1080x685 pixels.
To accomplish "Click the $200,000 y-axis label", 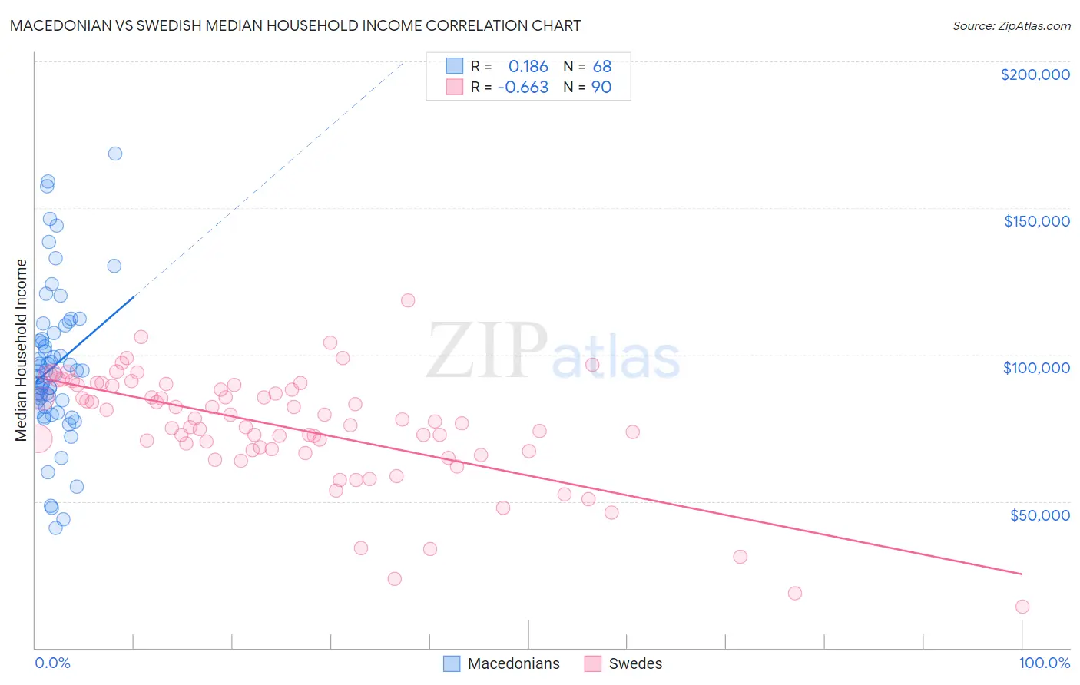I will click(x=1035, y=74).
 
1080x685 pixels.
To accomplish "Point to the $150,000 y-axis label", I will click(x=1036, y=221).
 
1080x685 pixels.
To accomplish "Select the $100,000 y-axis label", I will click(x=1036, y=368).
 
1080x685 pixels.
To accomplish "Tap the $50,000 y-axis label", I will click(x=1039, y=515).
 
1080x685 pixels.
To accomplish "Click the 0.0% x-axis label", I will click(x=52, y=663).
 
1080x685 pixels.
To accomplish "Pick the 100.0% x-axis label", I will click(x=1044, y=663).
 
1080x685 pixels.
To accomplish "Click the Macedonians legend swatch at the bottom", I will click(x=452, y=663).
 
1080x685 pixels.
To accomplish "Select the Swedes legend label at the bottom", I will click(x=635, y=663).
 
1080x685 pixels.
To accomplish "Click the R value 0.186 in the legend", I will click(x=528, y=67).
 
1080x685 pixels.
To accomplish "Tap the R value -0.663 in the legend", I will click(x=522, y=88).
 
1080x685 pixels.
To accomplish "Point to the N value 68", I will click(x=601, y=67).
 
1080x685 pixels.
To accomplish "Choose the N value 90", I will click(x=601, y=88).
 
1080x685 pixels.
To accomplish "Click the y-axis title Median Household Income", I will click(x=22, y=350).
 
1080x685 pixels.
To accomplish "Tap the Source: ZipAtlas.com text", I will click(x=1011, y=26).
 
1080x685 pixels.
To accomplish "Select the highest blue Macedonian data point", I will click(x=115, y=154).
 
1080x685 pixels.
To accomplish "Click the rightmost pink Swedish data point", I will click(x=1022, y=607).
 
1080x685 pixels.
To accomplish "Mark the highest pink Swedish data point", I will click(x=408, y=300).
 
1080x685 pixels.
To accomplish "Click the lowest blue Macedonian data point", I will click(x=55, y=528).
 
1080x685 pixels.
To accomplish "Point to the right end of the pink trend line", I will click(x=1022, y=574).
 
